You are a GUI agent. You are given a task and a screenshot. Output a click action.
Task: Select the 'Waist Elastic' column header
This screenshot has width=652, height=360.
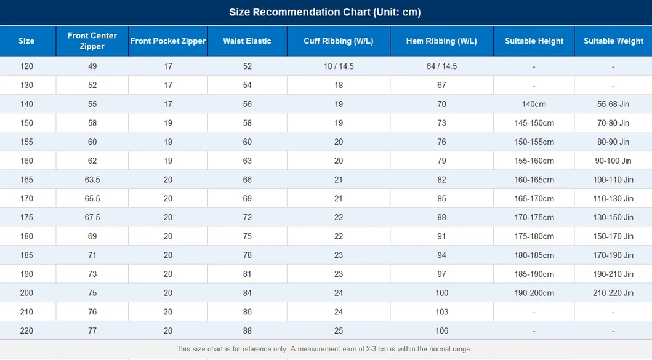coord(247,41)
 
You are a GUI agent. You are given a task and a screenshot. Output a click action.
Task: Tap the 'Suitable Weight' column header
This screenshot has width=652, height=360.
coord(613,41)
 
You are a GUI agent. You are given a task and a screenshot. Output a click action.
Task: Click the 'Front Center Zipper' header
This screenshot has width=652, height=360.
coord(92,41)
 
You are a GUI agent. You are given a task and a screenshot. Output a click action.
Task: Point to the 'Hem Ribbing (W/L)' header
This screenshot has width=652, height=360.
coord(441,41)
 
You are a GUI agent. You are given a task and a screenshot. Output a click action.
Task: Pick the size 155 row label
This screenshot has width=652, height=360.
coord(26,142)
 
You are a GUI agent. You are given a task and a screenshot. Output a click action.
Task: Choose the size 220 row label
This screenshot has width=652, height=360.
coord(26,330)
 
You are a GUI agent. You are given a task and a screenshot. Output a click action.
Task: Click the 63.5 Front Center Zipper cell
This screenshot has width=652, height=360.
coord(92,180)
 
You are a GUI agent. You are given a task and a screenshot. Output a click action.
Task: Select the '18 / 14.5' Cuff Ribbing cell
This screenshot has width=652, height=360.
coord(339,66)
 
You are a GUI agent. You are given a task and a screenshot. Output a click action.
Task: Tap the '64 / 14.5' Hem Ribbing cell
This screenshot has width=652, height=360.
coord(441,66)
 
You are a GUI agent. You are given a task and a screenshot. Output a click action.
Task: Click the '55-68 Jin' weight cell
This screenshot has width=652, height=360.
coord(613,104)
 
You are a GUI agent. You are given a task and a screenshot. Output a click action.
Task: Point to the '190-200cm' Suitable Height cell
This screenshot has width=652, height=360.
coord(534,293)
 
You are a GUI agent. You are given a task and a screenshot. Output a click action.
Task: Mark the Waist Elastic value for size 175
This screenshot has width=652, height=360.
coord(248,217)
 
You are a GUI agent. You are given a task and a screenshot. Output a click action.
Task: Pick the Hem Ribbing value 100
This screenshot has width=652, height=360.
coord(441,293)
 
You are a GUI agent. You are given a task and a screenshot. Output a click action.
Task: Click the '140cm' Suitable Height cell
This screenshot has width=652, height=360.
coord(534,104)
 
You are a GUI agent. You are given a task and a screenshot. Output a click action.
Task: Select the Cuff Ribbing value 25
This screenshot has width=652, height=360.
coord(339,330)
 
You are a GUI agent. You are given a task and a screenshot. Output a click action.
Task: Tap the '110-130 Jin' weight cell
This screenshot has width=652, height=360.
coord(613,198)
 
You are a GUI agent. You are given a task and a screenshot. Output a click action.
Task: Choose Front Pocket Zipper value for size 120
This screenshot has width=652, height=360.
coord(168,66)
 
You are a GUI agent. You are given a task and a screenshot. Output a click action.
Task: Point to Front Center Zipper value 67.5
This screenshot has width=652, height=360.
coord(92,217)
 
